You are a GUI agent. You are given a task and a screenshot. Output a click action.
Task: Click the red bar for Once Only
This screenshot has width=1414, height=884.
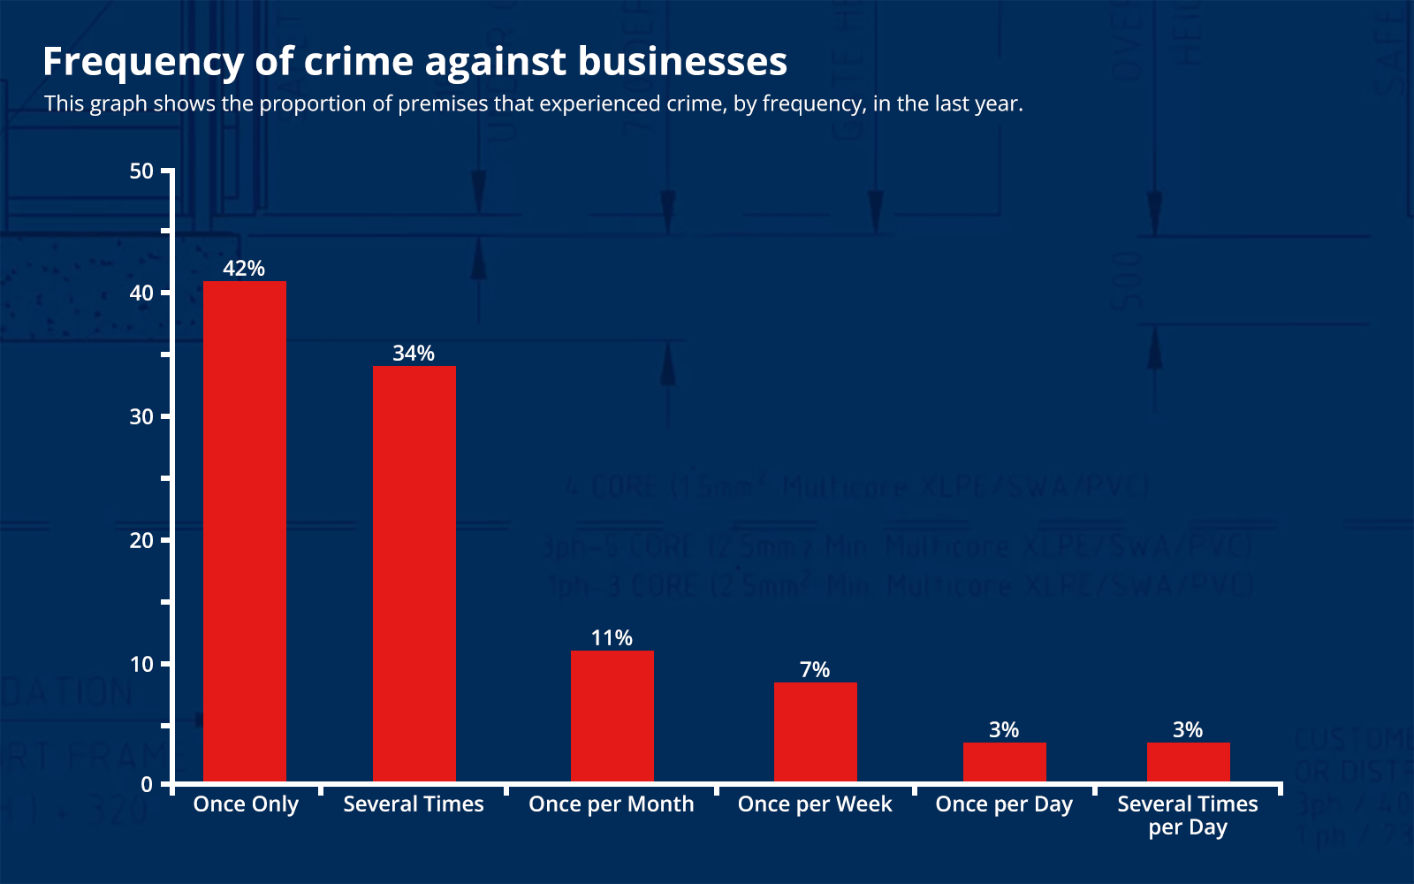pyautogui.click(x=245, y=530)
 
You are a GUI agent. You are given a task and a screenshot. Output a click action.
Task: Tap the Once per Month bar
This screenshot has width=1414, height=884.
pyautogui.click(x=612, y=716)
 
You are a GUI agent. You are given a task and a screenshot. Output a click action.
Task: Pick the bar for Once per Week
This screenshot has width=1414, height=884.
pyautogui.click(x=815, y=732)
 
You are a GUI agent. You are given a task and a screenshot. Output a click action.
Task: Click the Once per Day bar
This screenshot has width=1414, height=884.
pyautogui.click(x=1004, y=762)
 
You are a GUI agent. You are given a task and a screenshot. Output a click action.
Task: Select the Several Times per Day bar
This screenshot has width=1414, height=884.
pyautogui.click(x=1188, y=762)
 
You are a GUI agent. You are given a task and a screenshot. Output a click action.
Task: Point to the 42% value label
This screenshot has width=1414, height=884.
pyautogui.click(x=244, y=268)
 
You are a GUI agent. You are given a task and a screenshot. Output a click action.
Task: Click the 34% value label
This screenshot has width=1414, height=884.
pyautogui.click(x=414, y=353)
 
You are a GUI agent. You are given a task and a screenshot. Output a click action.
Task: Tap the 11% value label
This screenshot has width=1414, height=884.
pyautogui.click(x=612, y=637)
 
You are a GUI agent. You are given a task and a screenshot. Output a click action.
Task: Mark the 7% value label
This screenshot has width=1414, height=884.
pyautogui.click(x=815, y=669)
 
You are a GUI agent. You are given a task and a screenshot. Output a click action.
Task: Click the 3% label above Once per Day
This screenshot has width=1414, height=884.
pyautogui.click(x=1004, y=729)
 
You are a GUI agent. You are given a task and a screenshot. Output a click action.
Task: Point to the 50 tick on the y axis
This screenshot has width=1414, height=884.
pyautogui.click(x=141, y=171)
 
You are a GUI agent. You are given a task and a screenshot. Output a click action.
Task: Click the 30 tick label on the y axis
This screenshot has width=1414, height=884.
pyautogui.click(x=141, y=416)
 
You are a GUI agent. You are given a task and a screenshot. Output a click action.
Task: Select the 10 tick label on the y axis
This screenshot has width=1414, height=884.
pyautogui.click(x=141, y=664)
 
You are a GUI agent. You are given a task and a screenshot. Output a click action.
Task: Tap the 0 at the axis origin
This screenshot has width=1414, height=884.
pyautogui.click(x=147, y=784)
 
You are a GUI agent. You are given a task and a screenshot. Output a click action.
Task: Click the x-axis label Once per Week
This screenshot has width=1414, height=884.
pyautogui.click(x=815, y=804)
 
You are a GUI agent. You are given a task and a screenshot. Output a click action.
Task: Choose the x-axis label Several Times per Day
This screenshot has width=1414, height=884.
pyautogui.click(x=1188, y=814)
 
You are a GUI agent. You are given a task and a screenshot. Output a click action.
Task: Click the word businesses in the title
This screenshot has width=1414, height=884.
pyautogui.click(x=681, y=61)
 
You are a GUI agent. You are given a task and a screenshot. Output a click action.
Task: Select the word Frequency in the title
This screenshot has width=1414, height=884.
pyautogui.click(x=143, y=61)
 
